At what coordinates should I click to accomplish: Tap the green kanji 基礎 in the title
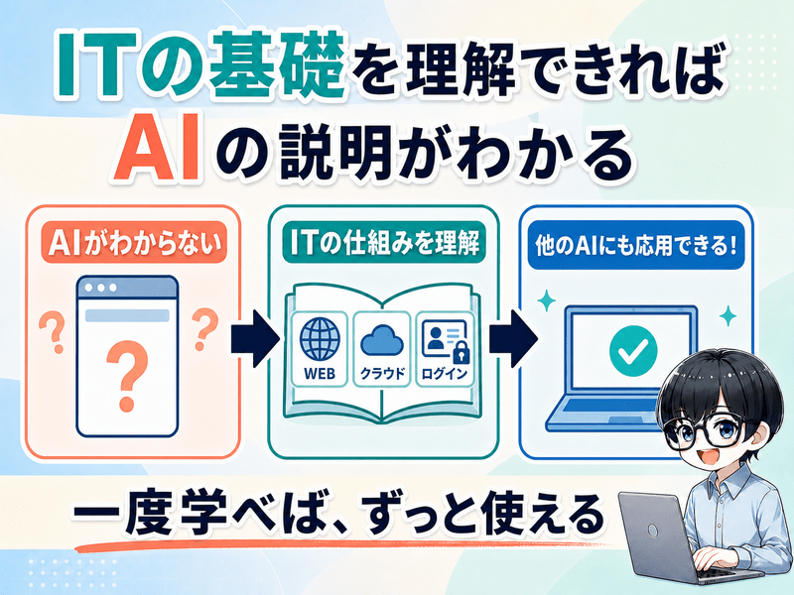tap(277, 64)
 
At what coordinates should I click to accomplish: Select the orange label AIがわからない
tap(134, 242)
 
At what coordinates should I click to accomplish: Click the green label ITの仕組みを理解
tap(383, 242)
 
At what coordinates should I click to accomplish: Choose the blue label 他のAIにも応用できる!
tap(636, 245)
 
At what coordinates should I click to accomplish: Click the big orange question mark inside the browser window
tap(127, 375)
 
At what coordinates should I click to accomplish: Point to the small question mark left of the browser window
tap(54, 332)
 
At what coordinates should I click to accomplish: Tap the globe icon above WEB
tap(320, 338)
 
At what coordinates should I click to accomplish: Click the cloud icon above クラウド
tap(382, 340)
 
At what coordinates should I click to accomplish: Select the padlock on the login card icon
tap(461, 352)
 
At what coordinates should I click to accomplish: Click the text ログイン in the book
tap(444, 374)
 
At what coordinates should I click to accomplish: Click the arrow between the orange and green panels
tap(255, 338)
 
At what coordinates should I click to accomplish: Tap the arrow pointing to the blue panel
tap(513, 338)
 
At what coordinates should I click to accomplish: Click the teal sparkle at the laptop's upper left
tap(547, 300)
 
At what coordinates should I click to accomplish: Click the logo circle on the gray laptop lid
tap(653, 531)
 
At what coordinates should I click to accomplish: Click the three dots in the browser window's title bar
tap(101, 288)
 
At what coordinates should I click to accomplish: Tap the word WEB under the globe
tap(320, 374)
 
